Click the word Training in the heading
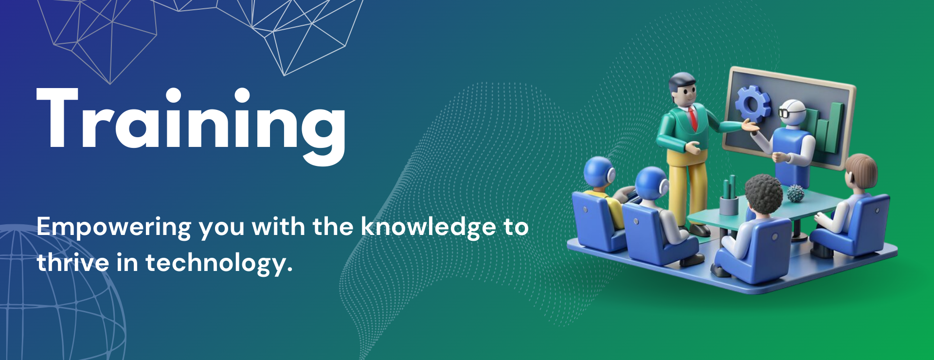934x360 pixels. point(191,126)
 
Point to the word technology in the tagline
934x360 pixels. point(219,263)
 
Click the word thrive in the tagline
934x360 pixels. point(73,262)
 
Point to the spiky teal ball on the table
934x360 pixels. point(795,193)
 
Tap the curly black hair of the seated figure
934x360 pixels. point(764,193)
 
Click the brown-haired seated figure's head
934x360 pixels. point(861,173)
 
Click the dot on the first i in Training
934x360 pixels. point(172,96)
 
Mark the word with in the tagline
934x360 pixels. point(278,227)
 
